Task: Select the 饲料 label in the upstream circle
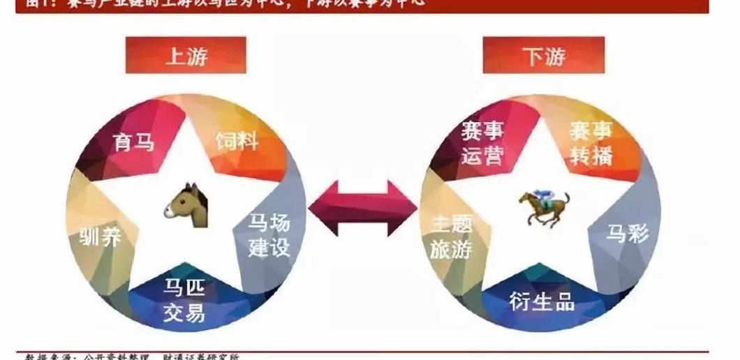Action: pyautogui.click(x=237, y=142)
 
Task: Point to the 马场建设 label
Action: pyautogui.click(x=269, y=236)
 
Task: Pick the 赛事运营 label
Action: pyautogui.click(x=482, y=142)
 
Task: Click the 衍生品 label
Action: pyautogui.click(x=542, y=301)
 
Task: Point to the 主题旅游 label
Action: pyautogui.click(x=451, y=236)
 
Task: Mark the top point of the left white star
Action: pyautogui.click(x=186, y=103)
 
